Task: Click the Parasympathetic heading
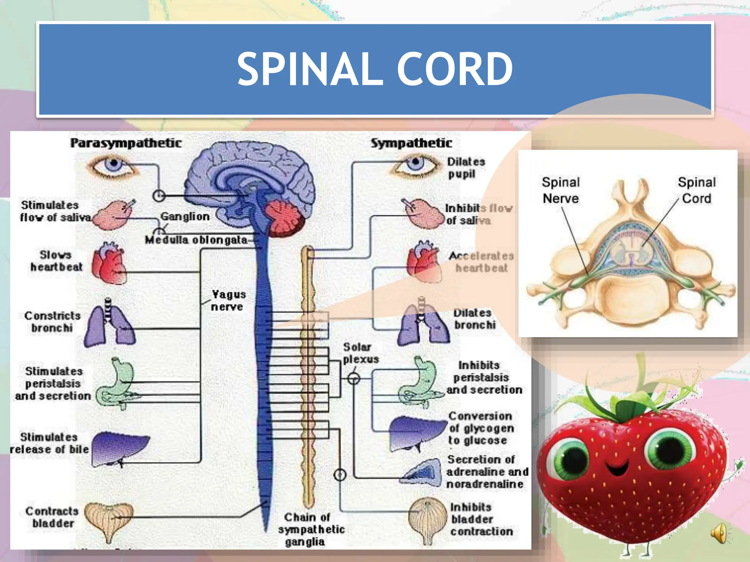click(126, 143)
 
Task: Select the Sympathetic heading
click(411, 143)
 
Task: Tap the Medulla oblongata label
click(196, 240)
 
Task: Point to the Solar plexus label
click(360, 353)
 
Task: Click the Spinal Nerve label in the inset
click(561, 190)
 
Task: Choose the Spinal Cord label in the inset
click(696, 190)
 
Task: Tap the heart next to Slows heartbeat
click(109, 264)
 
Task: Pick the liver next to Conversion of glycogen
click(416, 434)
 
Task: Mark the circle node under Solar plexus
click(353, 379)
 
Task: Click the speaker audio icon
click(719, 533)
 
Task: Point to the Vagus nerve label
click(228, 300)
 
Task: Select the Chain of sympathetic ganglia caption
click(311, 529)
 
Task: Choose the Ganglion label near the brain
click(185, 217)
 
